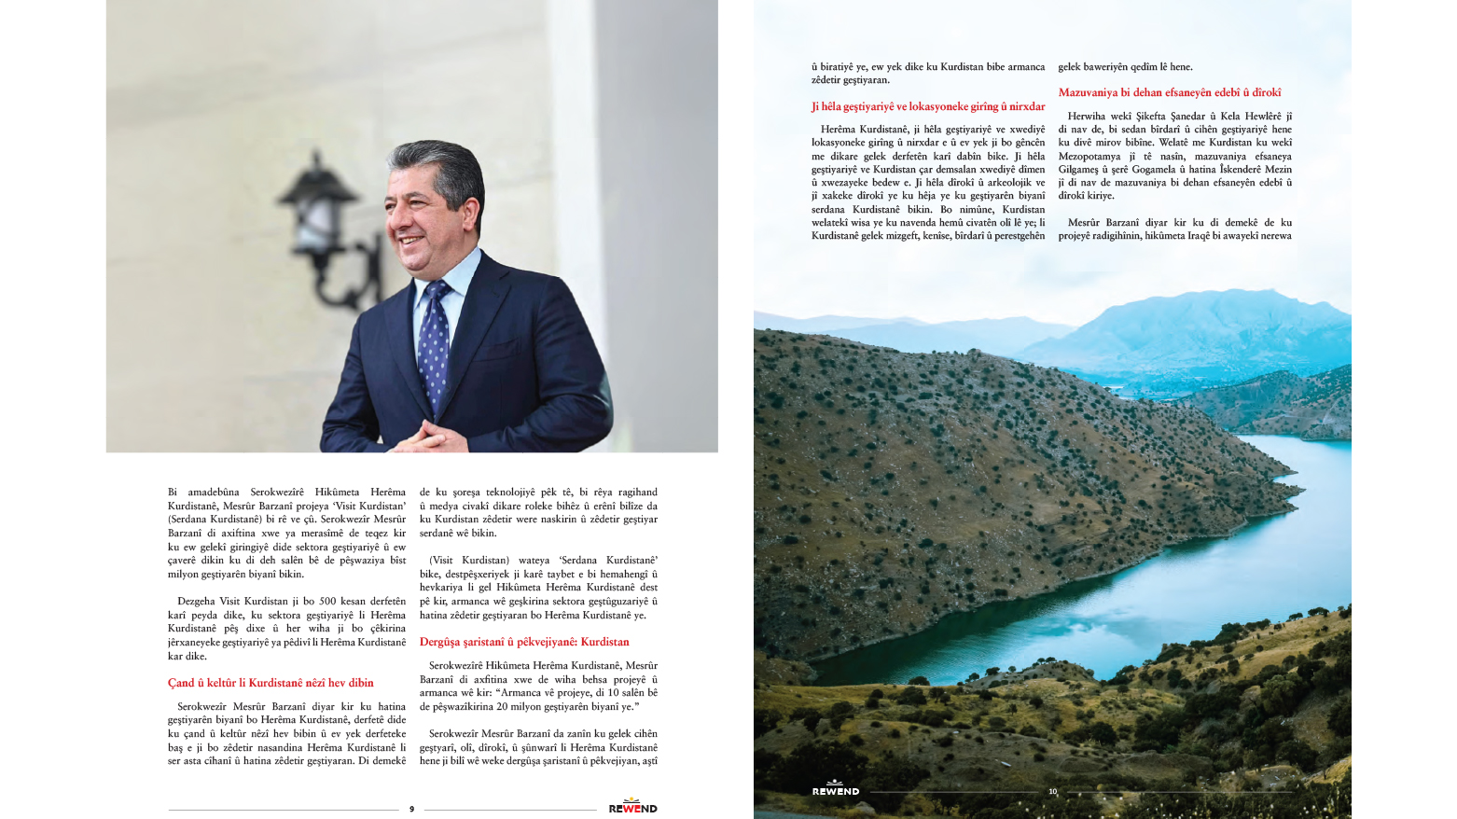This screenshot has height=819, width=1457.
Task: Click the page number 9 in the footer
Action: [x=411, y=809]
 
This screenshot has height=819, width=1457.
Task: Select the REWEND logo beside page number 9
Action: [x=633, y=807]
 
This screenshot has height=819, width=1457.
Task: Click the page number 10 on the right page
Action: [x=1052, y=791]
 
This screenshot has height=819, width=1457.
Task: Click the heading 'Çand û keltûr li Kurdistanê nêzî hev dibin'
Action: [x=271, y=683]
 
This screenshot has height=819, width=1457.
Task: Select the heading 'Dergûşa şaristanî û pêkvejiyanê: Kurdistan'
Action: [x=524, y=642]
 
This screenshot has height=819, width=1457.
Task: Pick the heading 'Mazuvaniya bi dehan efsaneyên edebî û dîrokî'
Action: [x=1170, y=92]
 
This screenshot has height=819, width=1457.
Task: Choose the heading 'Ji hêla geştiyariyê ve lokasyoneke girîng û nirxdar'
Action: [x=928, y=106]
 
